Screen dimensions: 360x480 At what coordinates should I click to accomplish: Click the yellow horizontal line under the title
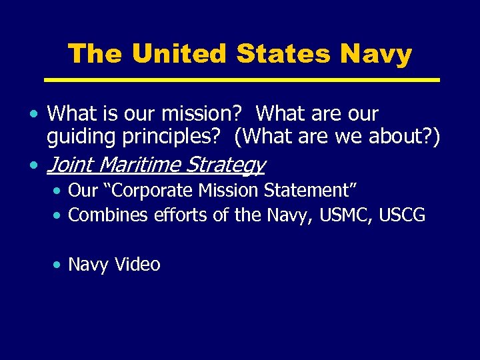tap(242, 80)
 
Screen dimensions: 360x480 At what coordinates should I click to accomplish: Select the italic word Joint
tap(70, 164)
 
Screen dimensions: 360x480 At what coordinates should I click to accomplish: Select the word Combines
tap(109, 215)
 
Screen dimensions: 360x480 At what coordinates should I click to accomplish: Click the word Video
tap(137, 265)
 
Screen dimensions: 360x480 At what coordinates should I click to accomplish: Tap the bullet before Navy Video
tap(59, 265)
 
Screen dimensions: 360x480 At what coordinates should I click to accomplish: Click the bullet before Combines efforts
tap(59, 215)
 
